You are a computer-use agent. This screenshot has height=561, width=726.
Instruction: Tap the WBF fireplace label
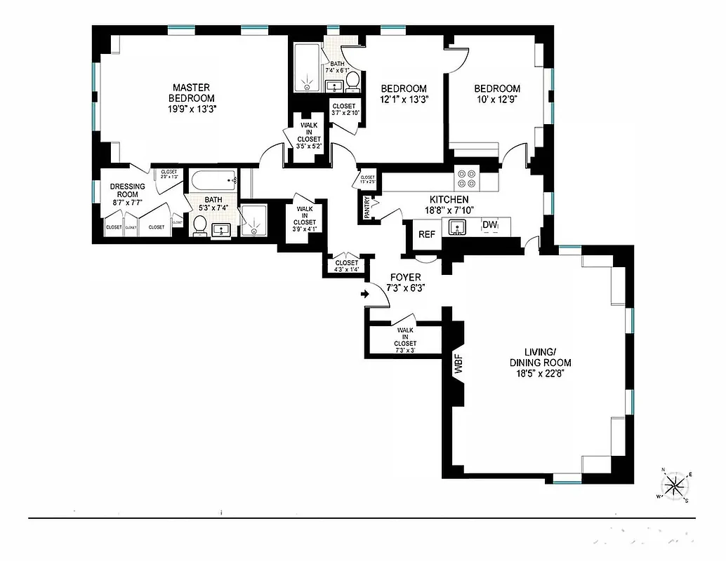[x=458, y=365]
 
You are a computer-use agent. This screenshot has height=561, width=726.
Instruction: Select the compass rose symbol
[x=675, y=485]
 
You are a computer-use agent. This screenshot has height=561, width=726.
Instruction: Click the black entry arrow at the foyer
[x=365, y=295]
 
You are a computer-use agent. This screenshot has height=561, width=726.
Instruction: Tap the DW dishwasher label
[x=490, y=225]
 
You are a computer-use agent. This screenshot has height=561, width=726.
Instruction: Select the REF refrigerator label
[x=427, y=234]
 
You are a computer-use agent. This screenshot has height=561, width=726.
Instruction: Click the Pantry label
[x=367, y=208]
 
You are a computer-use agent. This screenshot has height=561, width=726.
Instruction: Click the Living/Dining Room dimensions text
[x=540, y=373]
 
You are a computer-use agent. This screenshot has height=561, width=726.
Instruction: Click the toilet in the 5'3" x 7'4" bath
[x=199, y=225]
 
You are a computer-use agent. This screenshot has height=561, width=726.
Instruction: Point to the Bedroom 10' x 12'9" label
[x=497, y=94]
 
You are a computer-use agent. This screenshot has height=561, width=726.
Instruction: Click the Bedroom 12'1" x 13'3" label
[x=404, y=94]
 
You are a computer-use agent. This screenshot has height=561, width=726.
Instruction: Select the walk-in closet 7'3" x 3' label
[x=405, y=340]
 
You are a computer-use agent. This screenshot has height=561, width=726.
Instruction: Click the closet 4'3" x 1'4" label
[x=347, y=266]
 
